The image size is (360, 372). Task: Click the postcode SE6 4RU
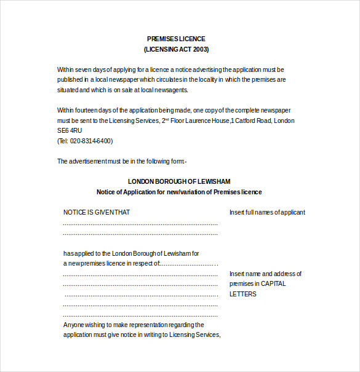pyautogui.click(x=70, y=131)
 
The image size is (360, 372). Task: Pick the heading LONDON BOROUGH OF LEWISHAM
pyautogui.click(x=179, y=181)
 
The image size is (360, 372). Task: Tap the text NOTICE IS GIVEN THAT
pyautogui.click(x=97, y=212)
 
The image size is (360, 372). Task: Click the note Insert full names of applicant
pyautogui.click(x=267, y=212)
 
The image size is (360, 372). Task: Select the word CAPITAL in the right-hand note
pyautogui.click(x=273, y=284)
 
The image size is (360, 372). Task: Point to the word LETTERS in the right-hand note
pyautogui.click(x=243, y=294)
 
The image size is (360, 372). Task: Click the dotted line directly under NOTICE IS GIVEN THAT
pyautogui.click(x=140, y=224)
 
